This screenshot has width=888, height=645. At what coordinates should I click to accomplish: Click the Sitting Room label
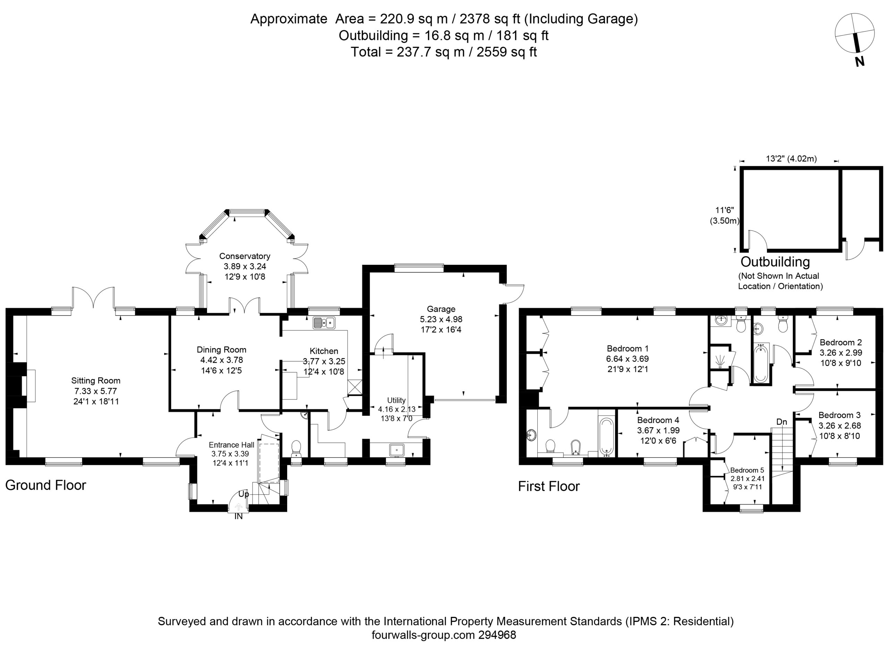[96, 380]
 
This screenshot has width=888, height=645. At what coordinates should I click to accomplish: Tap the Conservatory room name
[245, 256]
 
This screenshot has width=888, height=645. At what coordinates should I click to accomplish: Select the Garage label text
[441, 309]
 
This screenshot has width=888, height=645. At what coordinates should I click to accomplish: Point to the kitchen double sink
[324, 323]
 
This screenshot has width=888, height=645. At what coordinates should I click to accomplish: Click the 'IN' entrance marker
[238, 517]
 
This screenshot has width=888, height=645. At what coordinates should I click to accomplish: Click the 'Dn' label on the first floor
[782, 422]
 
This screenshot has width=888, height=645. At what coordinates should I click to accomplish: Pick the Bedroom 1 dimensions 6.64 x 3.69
[627, 359]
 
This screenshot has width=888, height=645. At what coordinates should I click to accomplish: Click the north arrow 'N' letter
[860, 61]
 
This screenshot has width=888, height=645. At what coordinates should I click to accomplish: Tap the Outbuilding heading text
[775, 262]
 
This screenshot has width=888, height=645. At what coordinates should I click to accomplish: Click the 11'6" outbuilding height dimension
[725, 215]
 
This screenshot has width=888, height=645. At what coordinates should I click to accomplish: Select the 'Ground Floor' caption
[45, 485]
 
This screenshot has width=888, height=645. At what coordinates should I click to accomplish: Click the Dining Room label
[221, 350]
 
